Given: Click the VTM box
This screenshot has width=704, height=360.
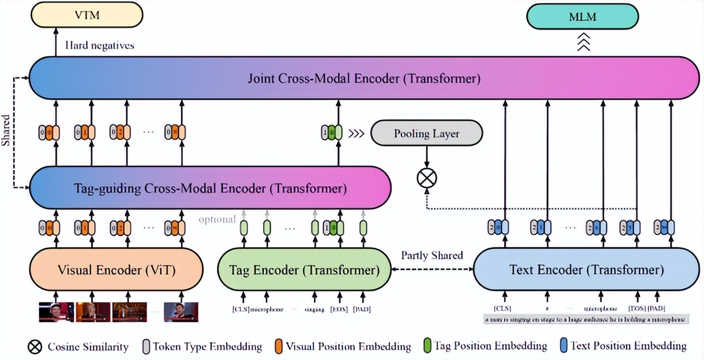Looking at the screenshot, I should (x=87, y=15).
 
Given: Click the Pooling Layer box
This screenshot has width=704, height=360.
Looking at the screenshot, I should (x=427, y=133).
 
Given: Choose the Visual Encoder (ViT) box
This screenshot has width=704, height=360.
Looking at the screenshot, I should (x=116, y=269).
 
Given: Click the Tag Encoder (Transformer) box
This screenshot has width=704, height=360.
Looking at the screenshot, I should (x=304, y=269).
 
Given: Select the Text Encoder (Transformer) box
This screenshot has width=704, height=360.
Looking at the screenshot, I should (x=586, y=269).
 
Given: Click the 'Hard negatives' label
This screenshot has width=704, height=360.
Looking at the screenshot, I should (x=99, y=45).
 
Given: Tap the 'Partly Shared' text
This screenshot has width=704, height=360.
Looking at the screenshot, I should (x=432, y=255).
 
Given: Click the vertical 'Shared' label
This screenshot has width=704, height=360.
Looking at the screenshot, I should (x=6, y=131).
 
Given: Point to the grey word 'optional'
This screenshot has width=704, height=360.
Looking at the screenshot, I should (x=217, y=219).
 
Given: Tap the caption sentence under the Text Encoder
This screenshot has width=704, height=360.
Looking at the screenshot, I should (x=585, y=319).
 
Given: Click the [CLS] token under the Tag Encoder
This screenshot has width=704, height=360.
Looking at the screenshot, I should (x=240, y=309).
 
